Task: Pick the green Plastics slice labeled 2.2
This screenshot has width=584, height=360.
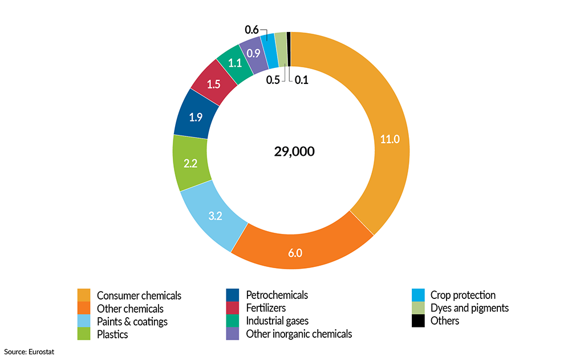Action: [190, 164]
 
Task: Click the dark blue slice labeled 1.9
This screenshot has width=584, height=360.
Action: [196, 118]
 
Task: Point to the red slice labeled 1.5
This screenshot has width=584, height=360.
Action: [214, 84]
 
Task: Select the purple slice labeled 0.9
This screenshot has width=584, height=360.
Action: [253, 52]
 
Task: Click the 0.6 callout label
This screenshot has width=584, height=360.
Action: [252, 30]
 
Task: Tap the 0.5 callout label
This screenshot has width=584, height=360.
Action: [273, 80]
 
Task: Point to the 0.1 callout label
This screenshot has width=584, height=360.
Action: [301, 80]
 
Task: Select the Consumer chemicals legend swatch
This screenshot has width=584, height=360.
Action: [84, 295]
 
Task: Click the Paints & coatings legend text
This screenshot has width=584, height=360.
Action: [132, 321]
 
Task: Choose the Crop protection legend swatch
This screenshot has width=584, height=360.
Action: [418, 295]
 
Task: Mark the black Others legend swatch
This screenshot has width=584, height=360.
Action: [418, 321]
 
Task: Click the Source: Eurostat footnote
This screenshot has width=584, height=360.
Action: [29, 351]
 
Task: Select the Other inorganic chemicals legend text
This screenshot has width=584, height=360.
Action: [299, 334]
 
